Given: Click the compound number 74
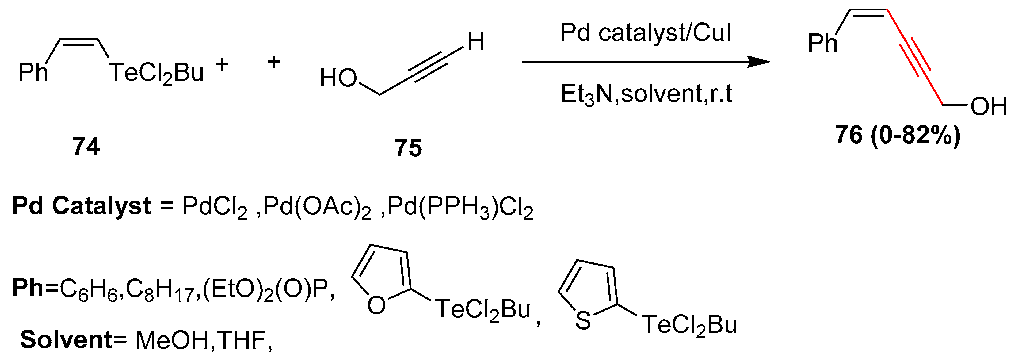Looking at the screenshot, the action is [x=86, y=147].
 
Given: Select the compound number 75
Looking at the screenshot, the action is [x=408, y=148].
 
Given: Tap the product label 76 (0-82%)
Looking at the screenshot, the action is [x=898, y=135].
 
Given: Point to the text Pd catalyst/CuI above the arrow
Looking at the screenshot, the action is [x=646, y=33].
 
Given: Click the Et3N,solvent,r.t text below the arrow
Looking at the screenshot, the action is [x=646, y=94].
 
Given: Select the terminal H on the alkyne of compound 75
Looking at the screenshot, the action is [x=476, y=41].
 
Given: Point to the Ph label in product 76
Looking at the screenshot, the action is [x=822, y=43].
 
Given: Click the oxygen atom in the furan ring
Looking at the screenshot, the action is [x=376, y=305].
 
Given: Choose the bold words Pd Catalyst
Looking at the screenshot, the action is [x=81, y=206].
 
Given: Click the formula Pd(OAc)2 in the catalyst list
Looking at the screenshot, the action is [x=317, y=208].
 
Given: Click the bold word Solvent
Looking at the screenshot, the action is [x=67, y=340].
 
